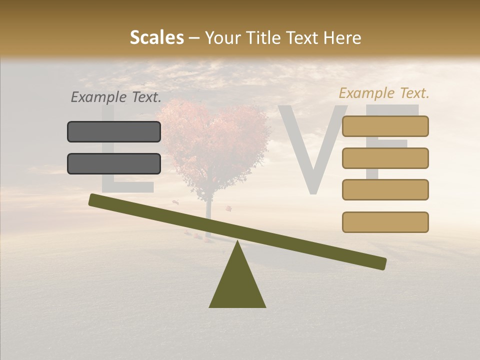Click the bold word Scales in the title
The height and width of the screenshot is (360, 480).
[156, 37]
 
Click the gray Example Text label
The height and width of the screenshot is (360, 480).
[115, 97]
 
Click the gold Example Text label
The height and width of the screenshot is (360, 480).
[384, 93]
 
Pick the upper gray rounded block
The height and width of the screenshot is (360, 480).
[114, 131]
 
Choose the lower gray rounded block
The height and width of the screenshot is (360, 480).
[114, 163]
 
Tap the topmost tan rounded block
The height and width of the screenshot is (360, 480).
[385, 126]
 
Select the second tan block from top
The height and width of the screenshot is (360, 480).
[385, 158]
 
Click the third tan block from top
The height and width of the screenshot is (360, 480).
[385, 189]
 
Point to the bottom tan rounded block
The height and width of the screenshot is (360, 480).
[385, 222]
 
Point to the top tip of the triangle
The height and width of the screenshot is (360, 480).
[237, 242]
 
